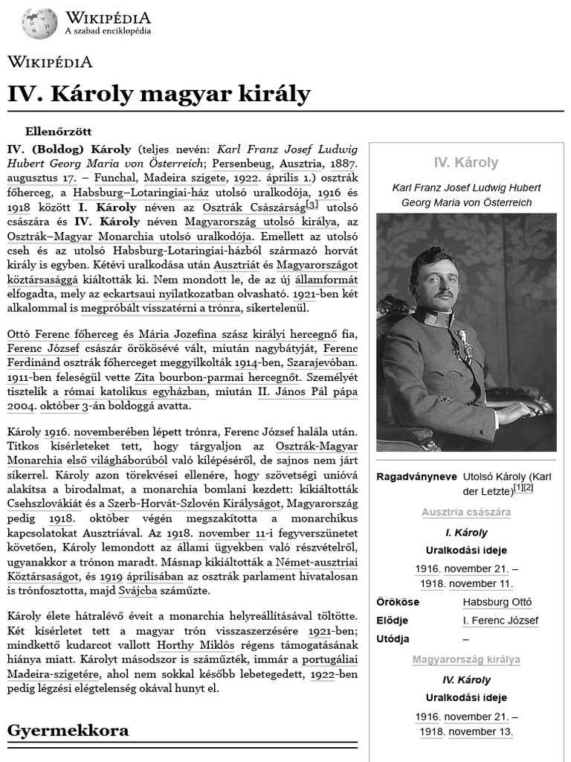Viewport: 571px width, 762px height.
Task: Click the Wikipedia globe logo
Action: (x=39, y=24)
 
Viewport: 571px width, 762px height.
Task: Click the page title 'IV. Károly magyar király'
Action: (x=158, y=95)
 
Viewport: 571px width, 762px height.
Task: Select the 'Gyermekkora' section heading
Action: (x=68, y=730)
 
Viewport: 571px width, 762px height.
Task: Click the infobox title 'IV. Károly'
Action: (x=466, y=163)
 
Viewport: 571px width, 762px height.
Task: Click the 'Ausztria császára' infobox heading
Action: (x=466, y=513)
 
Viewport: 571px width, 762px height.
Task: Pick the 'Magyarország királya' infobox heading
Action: (x=466, y=659)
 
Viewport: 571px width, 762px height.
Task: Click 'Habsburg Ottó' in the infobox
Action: (x=497, y=602)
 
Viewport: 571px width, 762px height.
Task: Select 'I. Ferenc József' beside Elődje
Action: (x=500, y=621)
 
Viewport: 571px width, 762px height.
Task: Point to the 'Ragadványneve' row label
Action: (x=416, y=476)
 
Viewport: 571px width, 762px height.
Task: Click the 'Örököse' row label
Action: (x=398, y=602)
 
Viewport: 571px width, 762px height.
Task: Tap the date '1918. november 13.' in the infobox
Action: (x=466, y=731)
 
